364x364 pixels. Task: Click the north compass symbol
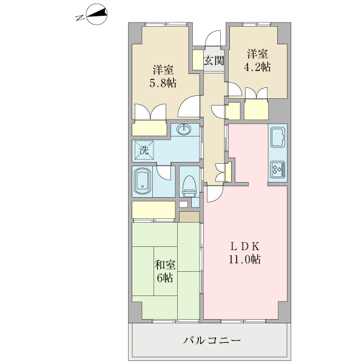pyautogui.click(x=96, y=15)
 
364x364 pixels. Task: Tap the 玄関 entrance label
pyautogui.click(x=214, y=60)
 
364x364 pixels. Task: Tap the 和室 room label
pyautogui.click(x=165, y=265)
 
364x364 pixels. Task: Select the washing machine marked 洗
pyautogui.click(x=144, y=150)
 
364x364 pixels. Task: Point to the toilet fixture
pyautogui.click(x=189, y=184)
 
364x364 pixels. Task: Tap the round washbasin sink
pyautogui.click(x=184, y=130)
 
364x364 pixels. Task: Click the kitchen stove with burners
pyautogui.click(x=278, y=169)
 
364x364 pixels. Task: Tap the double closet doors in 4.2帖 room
pyautogui.click(x=257, y=95)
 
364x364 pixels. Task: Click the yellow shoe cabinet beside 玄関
pyautogui.click(x=198, y=60)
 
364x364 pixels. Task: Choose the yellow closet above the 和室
pyautogui.click(x=154, y=210)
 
